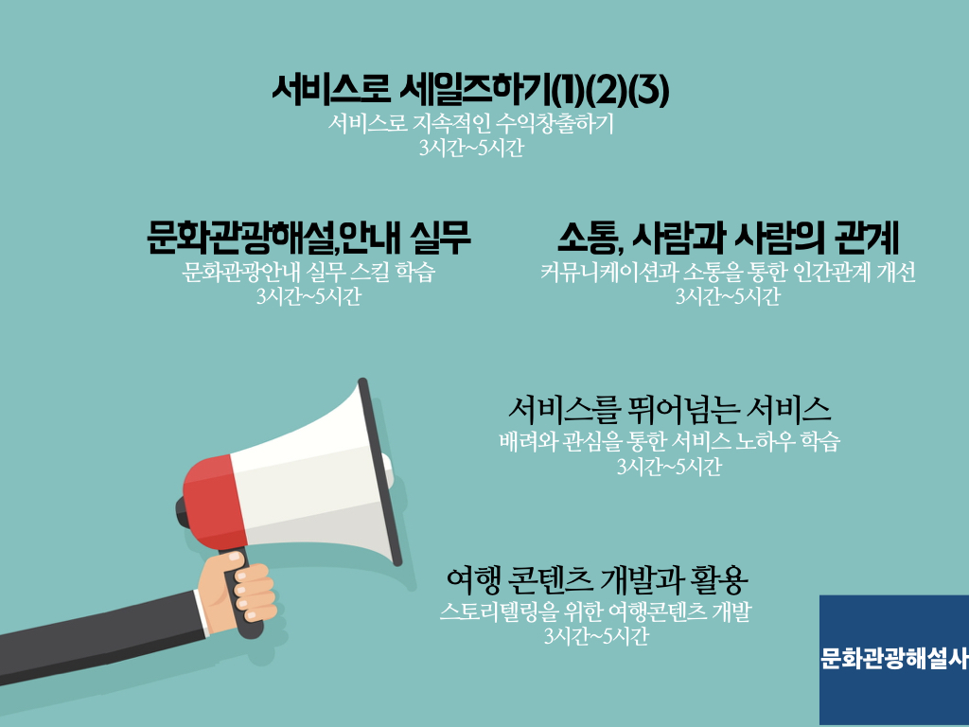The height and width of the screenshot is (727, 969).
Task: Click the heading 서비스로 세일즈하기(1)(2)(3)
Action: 470,90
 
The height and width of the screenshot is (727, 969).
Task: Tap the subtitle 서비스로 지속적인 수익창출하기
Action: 471,124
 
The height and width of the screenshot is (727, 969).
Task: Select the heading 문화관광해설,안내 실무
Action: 308,238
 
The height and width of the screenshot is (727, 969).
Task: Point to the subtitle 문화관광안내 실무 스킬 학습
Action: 308,272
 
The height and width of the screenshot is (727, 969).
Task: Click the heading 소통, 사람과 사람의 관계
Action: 728,238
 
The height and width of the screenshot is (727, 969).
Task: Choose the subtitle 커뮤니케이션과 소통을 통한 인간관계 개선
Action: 728,272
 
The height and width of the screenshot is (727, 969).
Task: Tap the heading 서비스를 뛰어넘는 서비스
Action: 669,409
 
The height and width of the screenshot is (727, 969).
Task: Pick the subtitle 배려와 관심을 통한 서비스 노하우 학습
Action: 669,441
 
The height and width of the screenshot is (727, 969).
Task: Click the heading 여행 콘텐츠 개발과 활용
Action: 597,578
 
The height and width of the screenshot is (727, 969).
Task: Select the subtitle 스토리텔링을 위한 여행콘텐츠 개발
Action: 596,612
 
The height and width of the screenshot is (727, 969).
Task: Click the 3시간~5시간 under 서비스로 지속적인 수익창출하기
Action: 471,149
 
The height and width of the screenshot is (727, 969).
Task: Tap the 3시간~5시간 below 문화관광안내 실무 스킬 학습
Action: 308,296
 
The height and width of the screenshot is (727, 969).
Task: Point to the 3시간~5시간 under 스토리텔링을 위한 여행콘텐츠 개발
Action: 596,636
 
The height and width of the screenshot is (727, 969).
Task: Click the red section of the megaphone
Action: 213,502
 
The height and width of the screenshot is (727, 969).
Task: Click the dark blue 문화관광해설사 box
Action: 894,660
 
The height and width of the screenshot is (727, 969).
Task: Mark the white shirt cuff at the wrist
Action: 202,613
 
